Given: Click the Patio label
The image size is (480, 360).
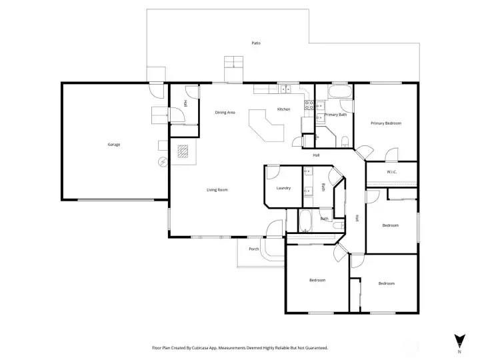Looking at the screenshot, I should click(256, 43).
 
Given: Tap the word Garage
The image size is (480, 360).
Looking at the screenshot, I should click(114, 144).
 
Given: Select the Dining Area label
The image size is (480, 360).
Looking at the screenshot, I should click(225, 112).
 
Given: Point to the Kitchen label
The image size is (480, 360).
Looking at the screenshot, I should click(283, 109).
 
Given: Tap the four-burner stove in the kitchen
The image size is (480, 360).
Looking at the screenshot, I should click(309, 104).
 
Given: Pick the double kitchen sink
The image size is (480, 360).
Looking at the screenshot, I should click(287, 87).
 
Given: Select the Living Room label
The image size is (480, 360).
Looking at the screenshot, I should click(217, 190).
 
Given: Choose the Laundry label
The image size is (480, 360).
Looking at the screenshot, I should click(283, 188).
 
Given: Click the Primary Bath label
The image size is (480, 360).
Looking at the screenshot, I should click(335, 115).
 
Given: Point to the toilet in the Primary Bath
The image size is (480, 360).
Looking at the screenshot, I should click(344, 140).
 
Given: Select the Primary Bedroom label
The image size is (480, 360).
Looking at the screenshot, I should click(386, 123).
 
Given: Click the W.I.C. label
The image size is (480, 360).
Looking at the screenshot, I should click(392, 172).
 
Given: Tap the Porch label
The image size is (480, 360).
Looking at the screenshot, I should click(253, 249).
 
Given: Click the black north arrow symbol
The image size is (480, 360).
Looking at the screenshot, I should click(459, 340).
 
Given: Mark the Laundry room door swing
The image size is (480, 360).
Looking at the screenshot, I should click(273, 172).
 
